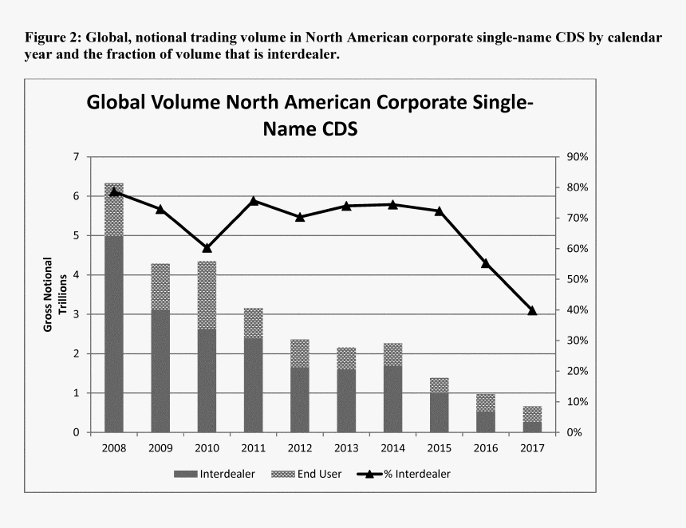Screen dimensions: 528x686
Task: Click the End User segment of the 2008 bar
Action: click(x=114, y=210)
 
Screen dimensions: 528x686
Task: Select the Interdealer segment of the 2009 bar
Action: click(x=160, y=371)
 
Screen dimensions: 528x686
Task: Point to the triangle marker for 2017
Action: click(x=532, y=310)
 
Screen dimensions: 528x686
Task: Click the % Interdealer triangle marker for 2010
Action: click(x=207, y=248)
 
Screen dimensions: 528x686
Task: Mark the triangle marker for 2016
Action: click(x=485, y=263)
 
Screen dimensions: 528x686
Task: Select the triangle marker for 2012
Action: click(x=300, y=217)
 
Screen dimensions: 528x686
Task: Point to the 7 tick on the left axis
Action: click(x=77, y=157)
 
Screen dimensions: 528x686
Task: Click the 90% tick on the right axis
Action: click(x=576, y=157)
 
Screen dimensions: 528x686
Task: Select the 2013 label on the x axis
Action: click(x=346, y=447)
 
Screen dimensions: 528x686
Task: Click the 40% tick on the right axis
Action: click(x=576, y=310)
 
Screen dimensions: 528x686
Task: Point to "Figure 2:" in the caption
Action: click(x=52, y=37)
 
